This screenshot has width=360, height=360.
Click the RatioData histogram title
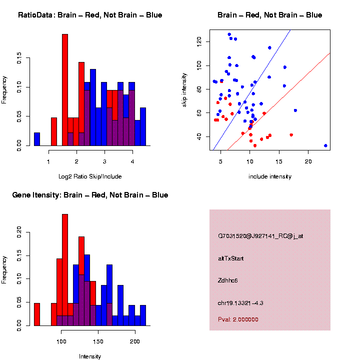90,15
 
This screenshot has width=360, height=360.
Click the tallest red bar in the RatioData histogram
65,90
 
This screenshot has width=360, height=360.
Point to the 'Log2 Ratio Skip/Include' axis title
90,176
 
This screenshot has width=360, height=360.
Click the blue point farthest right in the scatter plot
325,145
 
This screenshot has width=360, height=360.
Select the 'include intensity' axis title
270,176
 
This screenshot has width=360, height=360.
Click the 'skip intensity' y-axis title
190,89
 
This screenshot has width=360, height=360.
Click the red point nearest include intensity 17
291,135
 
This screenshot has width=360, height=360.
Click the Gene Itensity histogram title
90,195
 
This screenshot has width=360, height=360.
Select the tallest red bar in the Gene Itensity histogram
65,270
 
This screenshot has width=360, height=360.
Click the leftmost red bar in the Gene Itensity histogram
37,314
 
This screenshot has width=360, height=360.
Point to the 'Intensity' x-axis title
90,356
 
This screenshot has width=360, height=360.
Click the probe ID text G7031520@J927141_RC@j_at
260,236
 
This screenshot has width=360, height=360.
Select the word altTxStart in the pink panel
231,258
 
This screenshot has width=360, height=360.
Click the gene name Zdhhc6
228,280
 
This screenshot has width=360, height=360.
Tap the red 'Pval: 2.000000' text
238,319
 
